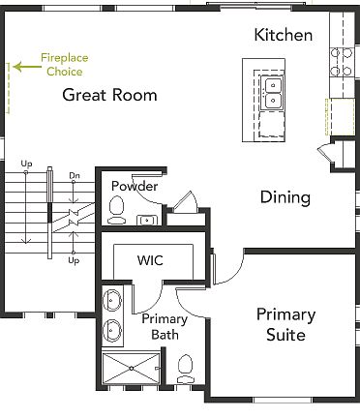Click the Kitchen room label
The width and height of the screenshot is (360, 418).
[x=283, y=36]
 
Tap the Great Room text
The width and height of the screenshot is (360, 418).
[x=109, y=95]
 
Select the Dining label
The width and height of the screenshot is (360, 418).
[x=285, y=197]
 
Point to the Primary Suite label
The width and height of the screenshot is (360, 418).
[x=285, y=325]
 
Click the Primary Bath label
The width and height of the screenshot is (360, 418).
[x=164, y=327]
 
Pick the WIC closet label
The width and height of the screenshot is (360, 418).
[x=150, y=260]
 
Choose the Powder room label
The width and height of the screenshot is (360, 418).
[x=134, y=186]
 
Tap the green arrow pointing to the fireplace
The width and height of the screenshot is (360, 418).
[x=25, y=65]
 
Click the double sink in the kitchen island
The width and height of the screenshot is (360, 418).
[x=274, y=92]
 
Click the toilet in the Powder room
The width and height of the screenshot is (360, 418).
[x=117, y=207]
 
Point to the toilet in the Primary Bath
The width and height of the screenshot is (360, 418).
[x=185, y=368]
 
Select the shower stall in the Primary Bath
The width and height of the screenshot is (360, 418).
[x=128, y=369]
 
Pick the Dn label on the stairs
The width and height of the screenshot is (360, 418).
[x=75, y=176]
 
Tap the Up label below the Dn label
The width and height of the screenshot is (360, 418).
[x=74, y=260]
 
